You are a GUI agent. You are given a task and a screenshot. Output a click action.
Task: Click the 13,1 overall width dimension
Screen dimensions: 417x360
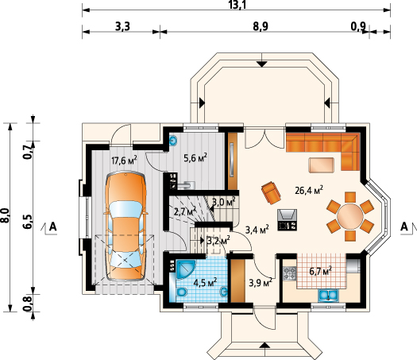point(237,5)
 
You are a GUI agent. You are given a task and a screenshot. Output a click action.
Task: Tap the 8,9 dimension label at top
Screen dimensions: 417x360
point(261,26)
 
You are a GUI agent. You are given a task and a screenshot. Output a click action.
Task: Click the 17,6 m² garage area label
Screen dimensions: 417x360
point(124,161)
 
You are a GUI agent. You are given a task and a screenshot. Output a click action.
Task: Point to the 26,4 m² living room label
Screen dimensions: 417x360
point(309,190)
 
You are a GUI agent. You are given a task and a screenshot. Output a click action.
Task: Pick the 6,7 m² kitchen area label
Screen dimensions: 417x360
point(320,272)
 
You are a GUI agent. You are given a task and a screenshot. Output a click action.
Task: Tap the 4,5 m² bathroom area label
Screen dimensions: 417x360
point(205,282)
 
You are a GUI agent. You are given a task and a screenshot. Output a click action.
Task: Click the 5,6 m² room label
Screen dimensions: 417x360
point(195,158)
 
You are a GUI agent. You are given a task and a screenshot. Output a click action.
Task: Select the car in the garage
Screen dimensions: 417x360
point(125,226)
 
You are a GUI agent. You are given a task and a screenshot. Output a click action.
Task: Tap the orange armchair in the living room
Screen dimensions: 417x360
point(272,193)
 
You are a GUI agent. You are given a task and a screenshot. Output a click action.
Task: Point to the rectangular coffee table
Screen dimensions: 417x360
point(321,165)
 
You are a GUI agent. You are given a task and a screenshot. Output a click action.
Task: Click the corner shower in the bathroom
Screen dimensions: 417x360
point(185,269)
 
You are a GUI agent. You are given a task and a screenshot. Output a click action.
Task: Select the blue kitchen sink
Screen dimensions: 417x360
point(329,295)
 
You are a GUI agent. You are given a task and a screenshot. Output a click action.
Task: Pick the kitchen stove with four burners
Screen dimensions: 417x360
point(290,273)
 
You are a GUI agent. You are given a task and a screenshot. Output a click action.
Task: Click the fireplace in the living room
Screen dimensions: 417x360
point(288,220)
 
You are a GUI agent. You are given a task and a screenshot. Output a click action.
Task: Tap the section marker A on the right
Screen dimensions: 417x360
point(404,226)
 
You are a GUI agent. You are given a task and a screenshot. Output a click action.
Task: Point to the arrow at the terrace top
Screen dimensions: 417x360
point(262,64)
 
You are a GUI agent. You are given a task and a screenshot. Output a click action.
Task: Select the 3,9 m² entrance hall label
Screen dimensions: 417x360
point(261,283)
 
